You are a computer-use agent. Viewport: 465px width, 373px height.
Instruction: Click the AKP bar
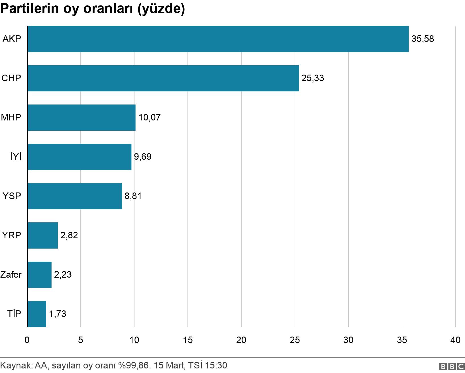(x=218, y=39)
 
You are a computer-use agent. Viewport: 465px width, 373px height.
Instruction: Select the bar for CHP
(x=163, y=78)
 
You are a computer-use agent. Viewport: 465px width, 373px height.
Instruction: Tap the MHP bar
(x=81, y=118)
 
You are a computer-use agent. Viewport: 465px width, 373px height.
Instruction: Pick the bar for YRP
(x=43, y=235)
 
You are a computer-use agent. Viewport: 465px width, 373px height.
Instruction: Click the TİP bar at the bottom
(x=37, y=314)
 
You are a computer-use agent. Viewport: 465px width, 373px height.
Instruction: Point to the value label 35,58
(x=423, y=39)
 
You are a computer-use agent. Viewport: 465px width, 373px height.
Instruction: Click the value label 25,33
(x=313, y=78)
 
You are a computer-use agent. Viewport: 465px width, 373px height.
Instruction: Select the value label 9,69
(x=142, y=157)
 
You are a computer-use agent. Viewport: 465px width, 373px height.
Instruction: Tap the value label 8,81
(x=133, y=196)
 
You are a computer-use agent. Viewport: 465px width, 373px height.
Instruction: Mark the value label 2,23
(x=63, y=275)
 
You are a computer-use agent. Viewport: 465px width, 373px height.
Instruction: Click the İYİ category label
(x=16, y=157)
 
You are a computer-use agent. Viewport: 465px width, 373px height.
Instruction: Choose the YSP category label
(x=12, y=196)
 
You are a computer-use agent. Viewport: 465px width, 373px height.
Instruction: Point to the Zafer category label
(x=11, y=275)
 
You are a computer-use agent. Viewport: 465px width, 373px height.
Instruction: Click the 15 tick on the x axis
(x=188, y=340)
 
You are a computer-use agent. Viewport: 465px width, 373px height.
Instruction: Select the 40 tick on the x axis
(x=455, y=340)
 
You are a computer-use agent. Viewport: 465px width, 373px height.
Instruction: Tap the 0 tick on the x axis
(x=27, y=340)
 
